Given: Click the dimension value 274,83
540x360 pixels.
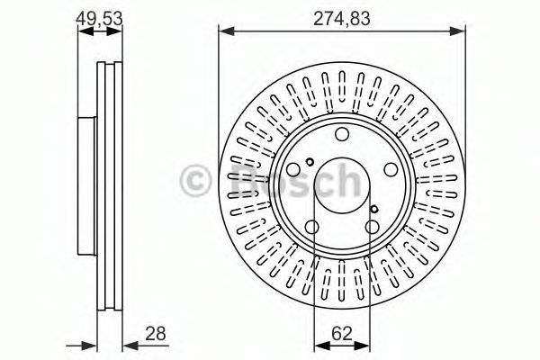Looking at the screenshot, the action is (342, 19).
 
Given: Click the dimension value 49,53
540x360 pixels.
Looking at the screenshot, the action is (99, 19).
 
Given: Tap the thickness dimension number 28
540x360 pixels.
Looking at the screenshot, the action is (156, 334).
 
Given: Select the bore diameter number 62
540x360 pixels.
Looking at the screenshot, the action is (342, 334).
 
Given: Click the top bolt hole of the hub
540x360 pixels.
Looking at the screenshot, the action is (342, 134).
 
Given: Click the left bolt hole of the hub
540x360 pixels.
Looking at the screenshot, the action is (293, 169).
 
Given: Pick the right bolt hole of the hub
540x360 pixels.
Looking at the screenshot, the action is (391, 169).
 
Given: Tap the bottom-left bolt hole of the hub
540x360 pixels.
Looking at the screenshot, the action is (312, 227).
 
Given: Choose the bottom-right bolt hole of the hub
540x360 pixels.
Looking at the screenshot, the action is (373, 227).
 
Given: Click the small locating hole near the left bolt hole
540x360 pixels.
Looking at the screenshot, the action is (310, 161).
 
